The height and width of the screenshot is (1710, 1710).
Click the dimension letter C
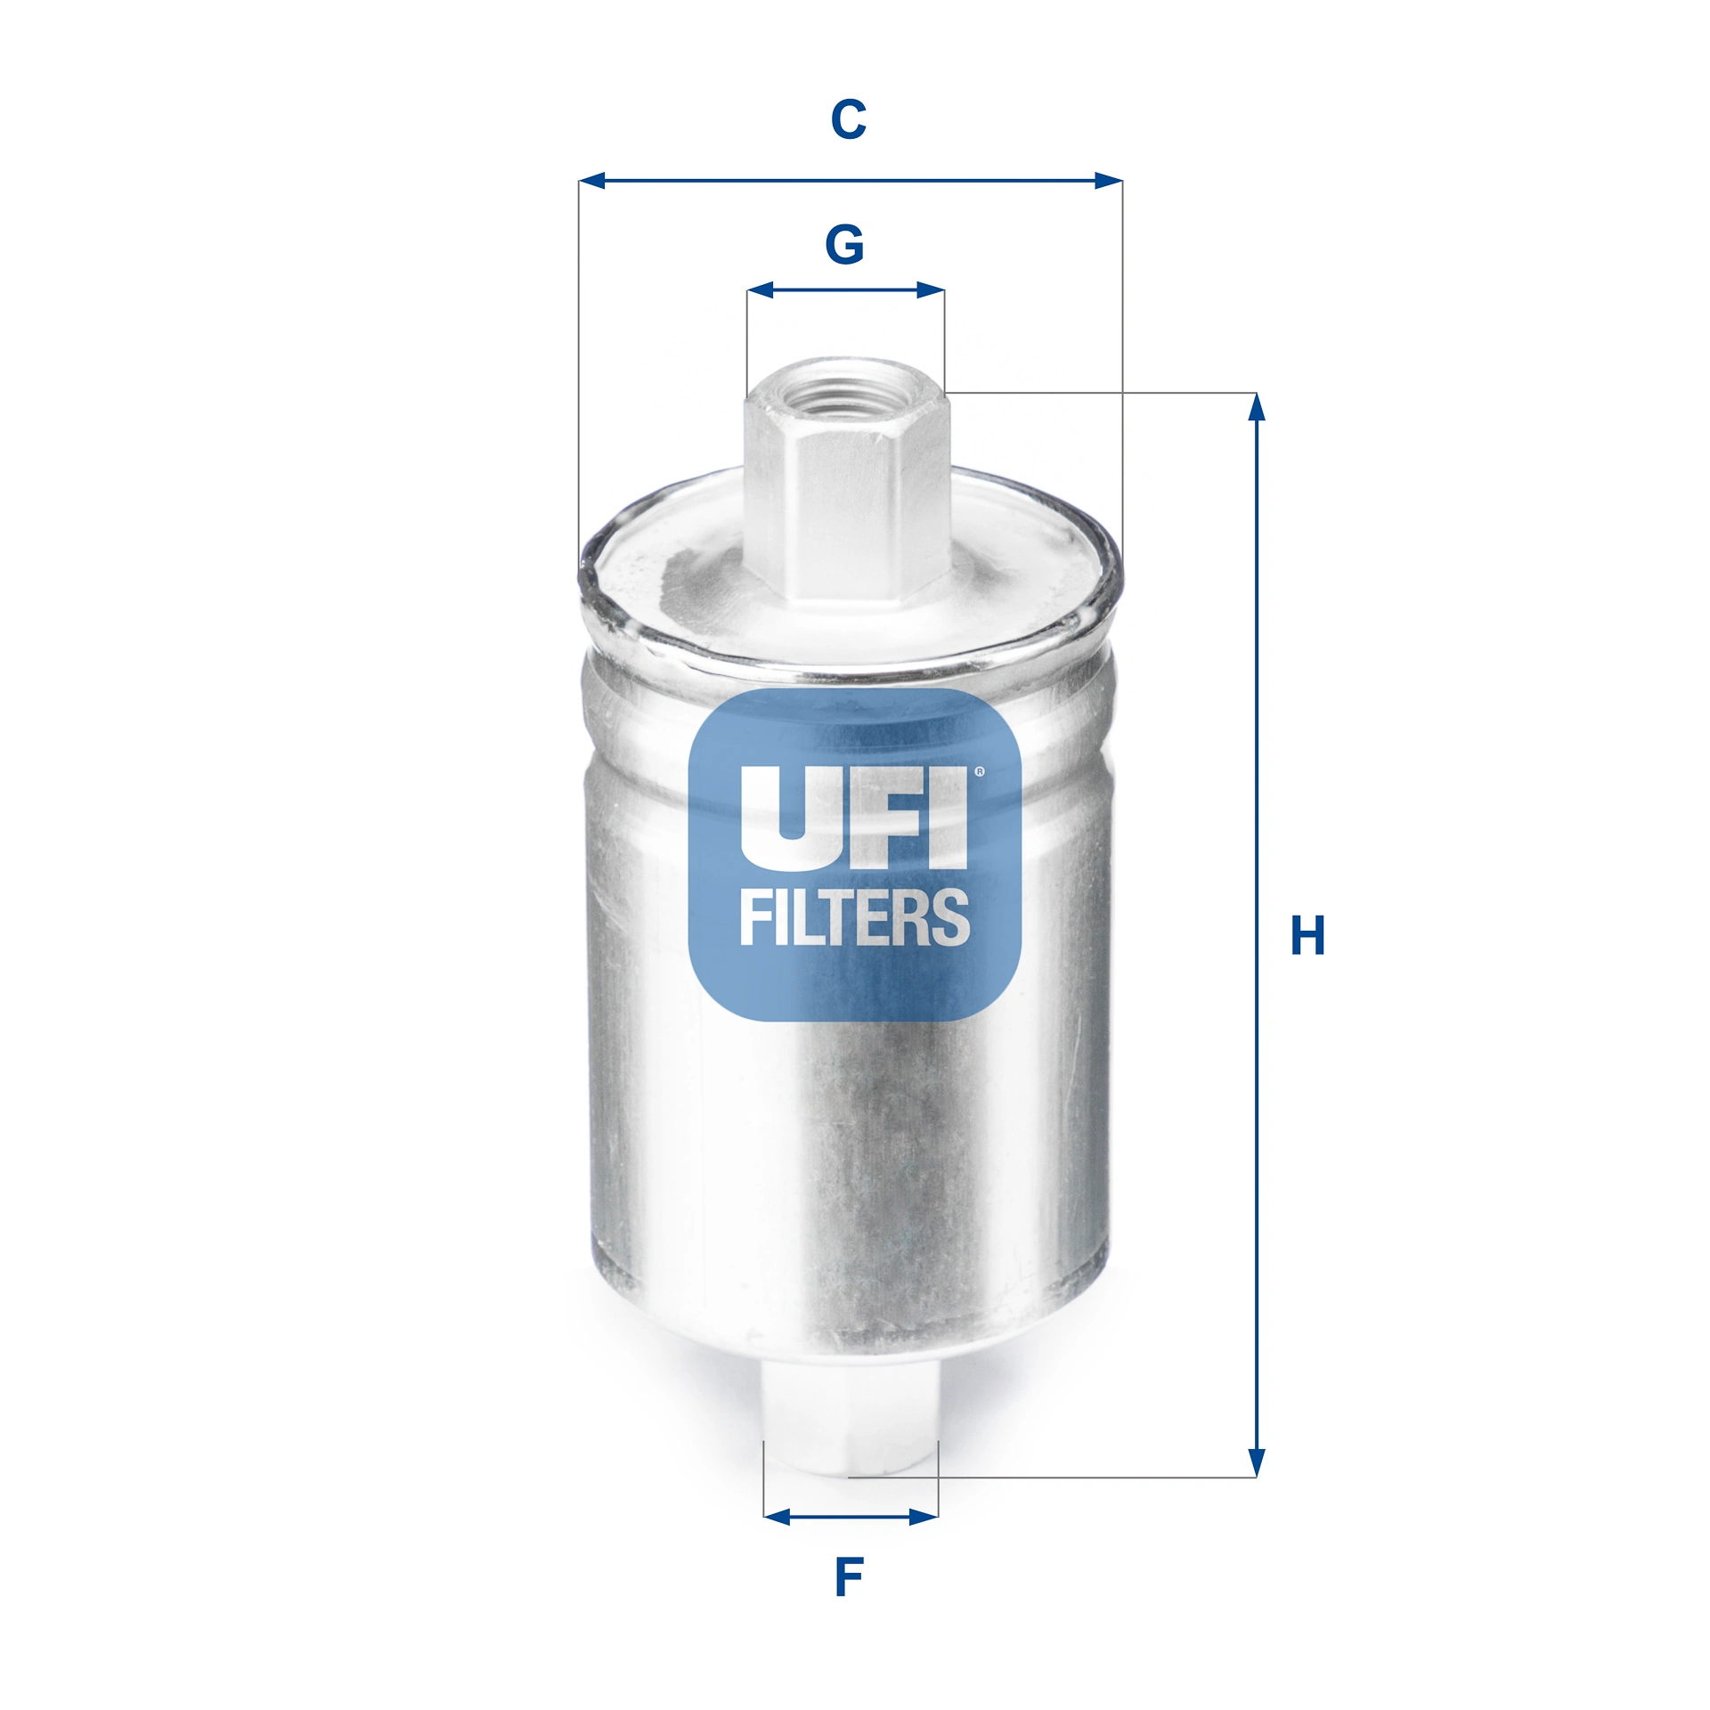848,119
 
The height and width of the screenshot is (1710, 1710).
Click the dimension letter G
844,244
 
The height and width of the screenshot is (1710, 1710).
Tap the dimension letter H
1307,935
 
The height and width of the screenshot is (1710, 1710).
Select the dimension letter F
849,1577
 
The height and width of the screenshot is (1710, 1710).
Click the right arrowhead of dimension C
1108,181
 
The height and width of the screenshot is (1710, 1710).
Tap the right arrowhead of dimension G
930,289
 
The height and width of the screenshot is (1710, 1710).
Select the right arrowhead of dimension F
924,1517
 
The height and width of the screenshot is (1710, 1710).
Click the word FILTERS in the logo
853,918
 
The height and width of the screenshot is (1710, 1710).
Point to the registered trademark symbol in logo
980,772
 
